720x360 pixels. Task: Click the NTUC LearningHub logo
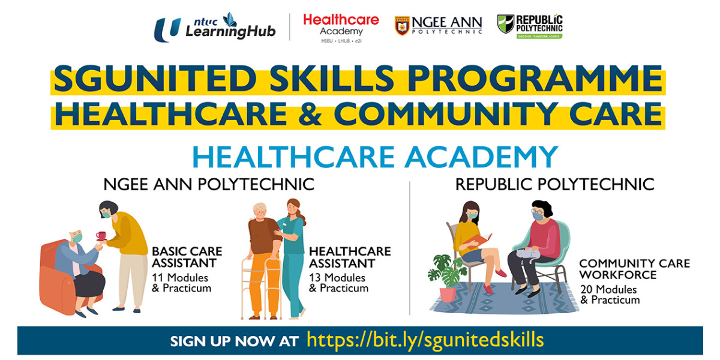click(x=215, y=27)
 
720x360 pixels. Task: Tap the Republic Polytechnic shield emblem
click(x=506, y=23)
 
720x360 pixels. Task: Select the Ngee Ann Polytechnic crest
click(x=402, y=25)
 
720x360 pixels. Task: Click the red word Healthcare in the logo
click(x=341, y=20)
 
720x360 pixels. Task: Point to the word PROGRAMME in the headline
click(x=535, y=79)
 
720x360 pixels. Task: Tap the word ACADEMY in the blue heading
click(x=481, y=157)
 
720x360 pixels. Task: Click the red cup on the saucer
click(x=101, y=236)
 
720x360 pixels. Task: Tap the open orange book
click(x=478, y=241)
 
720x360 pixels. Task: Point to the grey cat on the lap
click(x=529, y=254)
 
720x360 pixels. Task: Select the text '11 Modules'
click(x=180, y=278)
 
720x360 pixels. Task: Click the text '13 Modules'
click(x=337, y=278)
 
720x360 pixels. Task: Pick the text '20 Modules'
click(x=608, y=290)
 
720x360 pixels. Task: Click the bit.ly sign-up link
click(x=425, y=340)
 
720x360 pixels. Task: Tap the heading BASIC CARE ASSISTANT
click(x=187, y=257)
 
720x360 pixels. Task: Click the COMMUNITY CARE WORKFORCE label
click(x=635, y=269)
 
